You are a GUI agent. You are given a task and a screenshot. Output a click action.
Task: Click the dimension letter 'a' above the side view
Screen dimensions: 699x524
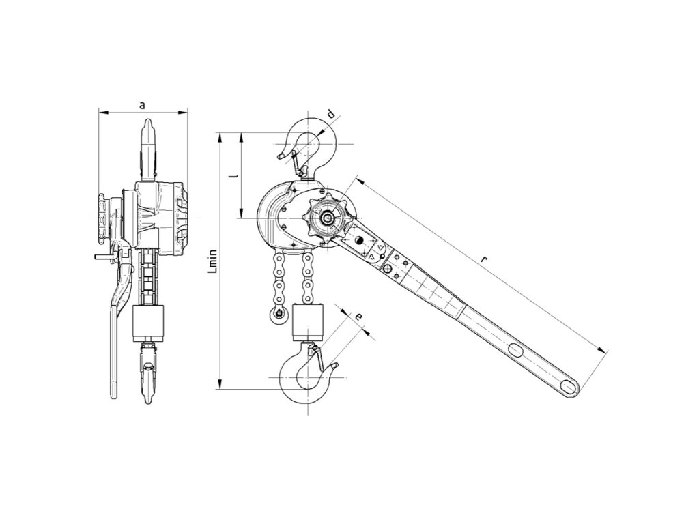142,104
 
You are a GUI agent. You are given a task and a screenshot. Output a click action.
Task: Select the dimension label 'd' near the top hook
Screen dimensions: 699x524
331,115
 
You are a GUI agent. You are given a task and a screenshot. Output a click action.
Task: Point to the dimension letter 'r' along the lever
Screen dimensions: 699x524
483,259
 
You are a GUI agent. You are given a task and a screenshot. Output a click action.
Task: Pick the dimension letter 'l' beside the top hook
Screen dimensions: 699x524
235,175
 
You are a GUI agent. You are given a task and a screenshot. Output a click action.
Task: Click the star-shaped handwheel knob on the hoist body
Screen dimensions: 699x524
328,218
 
